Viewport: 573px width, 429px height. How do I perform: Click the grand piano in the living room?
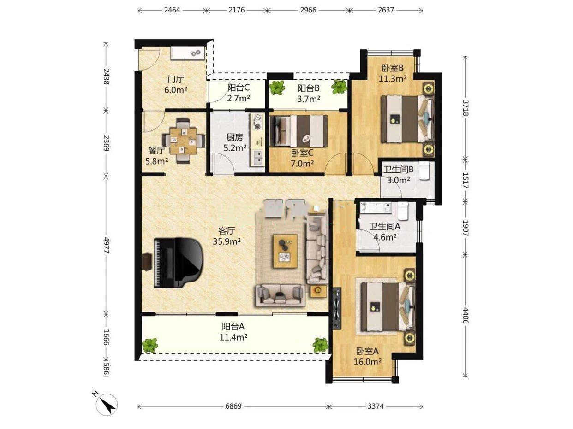tap(178, 263)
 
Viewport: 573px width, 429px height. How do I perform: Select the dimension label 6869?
tap(233, 406)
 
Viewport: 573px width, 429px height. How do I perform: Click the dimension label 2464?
tap(172, 10)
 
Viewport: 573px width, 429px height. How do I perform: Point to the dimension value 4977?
tap(106, 245)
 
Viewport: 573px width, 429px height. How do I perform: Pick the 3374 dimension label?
tap(376, 406)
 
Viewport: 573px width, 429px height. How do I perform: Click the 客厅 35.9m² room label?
tap(227, 236)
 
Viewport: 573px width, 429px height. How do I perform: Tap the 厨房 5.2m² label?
tap(235, 142)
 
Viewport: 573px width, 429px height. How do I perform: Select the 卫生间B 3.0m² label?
tap(398, 175)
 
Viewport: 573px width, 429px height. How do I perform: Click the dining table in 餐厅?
tap(183, 141)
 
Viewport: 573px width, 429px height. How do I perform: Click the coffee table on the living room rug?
tap(285, 251)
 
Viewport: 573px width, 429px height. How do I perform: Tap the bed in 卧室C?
tap(298, 131)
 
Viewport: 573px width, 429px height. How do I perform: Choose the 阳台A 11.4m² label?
tap(233, 332)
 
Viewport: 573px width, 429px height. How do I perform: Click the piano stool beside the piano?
tap(147, 262)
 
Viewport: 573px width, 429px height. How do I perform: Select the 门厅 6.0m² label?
tap(176, 84)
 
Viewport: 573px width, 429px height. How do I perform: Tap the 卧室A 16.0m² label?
tap(368, 356)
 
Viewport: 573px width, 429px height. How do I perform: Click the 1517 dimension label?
tap(465, 180)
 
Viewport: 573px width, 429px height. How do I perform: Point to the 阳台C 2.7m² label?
tap(239, 93)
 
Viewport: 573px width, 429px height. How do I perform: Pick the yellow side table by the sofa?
tap(318, 291)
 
